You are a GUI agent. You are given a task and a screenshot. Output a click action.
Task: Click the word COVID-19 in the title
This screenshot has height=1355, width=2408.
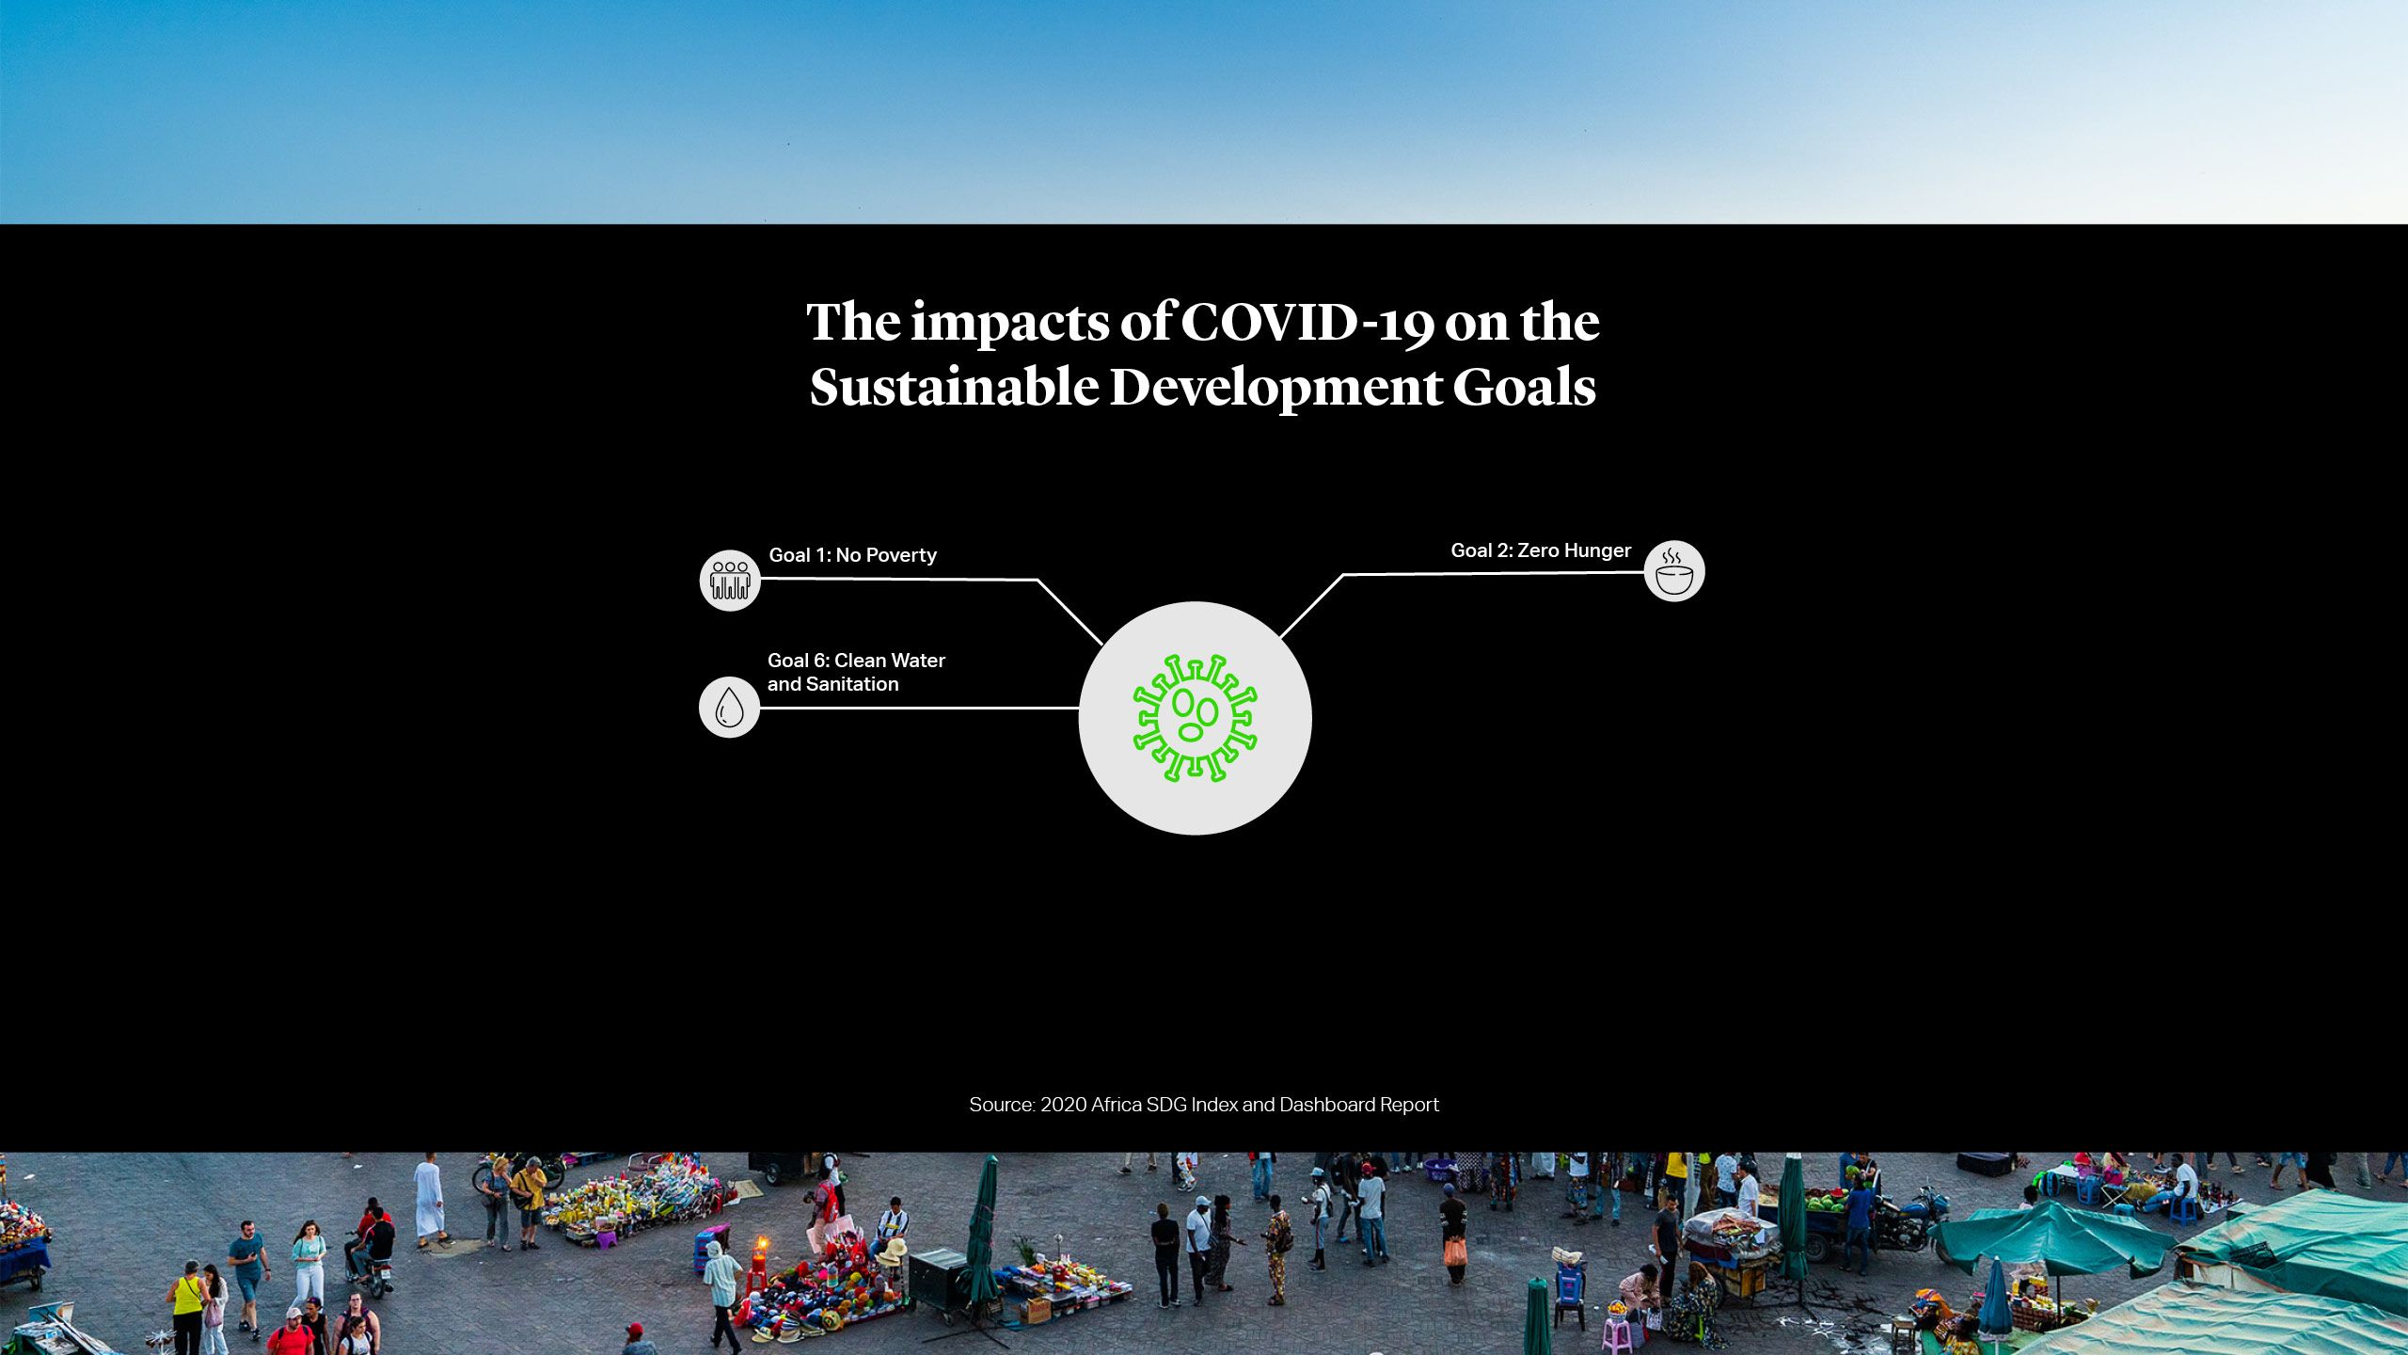[x=1307, y=323]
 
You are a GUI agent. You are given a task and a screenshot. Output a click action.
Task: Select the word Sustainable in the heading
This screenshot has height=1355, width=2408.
[x=954, y=388]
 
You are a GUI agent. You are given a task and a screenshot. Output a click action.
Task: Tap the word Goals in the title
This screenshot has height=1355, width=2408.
[x=1524, y=388]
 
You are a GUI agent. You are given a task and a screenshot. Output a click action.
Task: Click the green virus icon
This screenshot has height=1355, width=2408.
[x=1195, y=718]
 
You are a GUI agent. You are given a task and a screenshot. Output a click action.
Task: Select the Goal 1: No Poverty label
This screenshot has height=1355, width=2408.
[x=852, y=555]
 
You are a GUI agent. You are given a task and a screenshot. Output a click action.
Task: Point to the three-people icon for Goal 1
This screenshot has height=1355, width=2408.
[x=730, y=581]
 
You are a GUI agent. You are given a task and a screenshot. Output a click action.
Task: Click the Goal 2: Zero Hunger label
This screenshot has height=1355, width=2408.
[x=1541, y=550]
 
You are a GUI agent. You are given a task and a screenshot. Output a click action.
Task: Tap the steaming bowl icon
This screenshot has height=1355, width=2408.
[x=1674, y=571]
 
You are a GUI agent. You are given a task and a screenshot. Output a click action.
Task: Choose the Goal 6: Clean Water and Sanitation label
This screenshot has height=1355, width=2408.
[x=856, y=672]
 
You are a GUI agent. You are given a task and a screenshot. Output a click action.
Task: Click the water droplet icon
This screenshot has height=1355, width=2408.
[x=729, y=707]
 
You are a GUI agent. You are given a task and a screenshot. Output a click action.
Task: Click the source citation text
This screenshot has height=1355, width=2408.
[x=1204, y=1105]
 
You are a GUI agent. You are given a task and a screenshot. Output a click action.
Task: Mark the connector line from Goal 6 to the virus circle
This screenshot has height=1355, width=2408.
[x=919, y=708]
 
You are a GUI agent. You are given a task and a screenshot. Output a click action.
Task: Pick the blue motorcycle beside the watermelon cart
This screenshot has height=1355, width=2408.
[x=1909, y=1221]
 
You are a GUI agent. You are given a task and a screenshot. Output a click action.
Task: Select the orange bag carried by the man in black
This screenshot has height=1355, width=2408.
[x=1454, y=1251]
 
